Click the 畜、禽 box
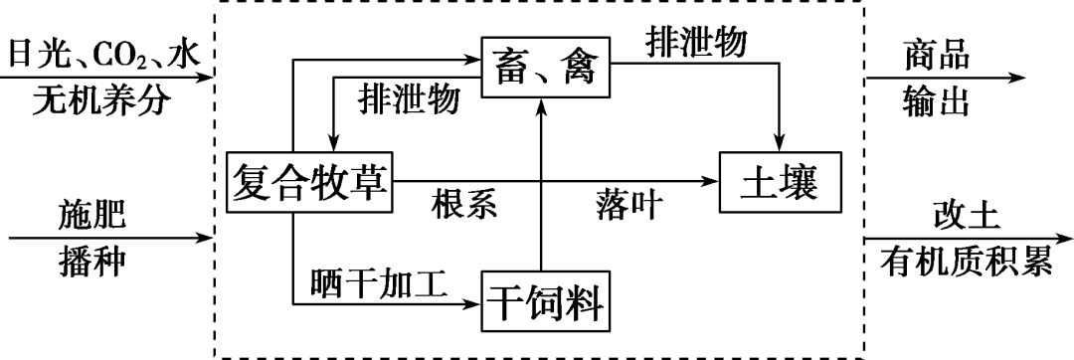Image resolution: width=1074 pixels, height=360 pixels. click(546, 68)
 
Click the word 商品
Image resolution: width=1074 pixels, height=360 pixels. click(937, 53)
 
